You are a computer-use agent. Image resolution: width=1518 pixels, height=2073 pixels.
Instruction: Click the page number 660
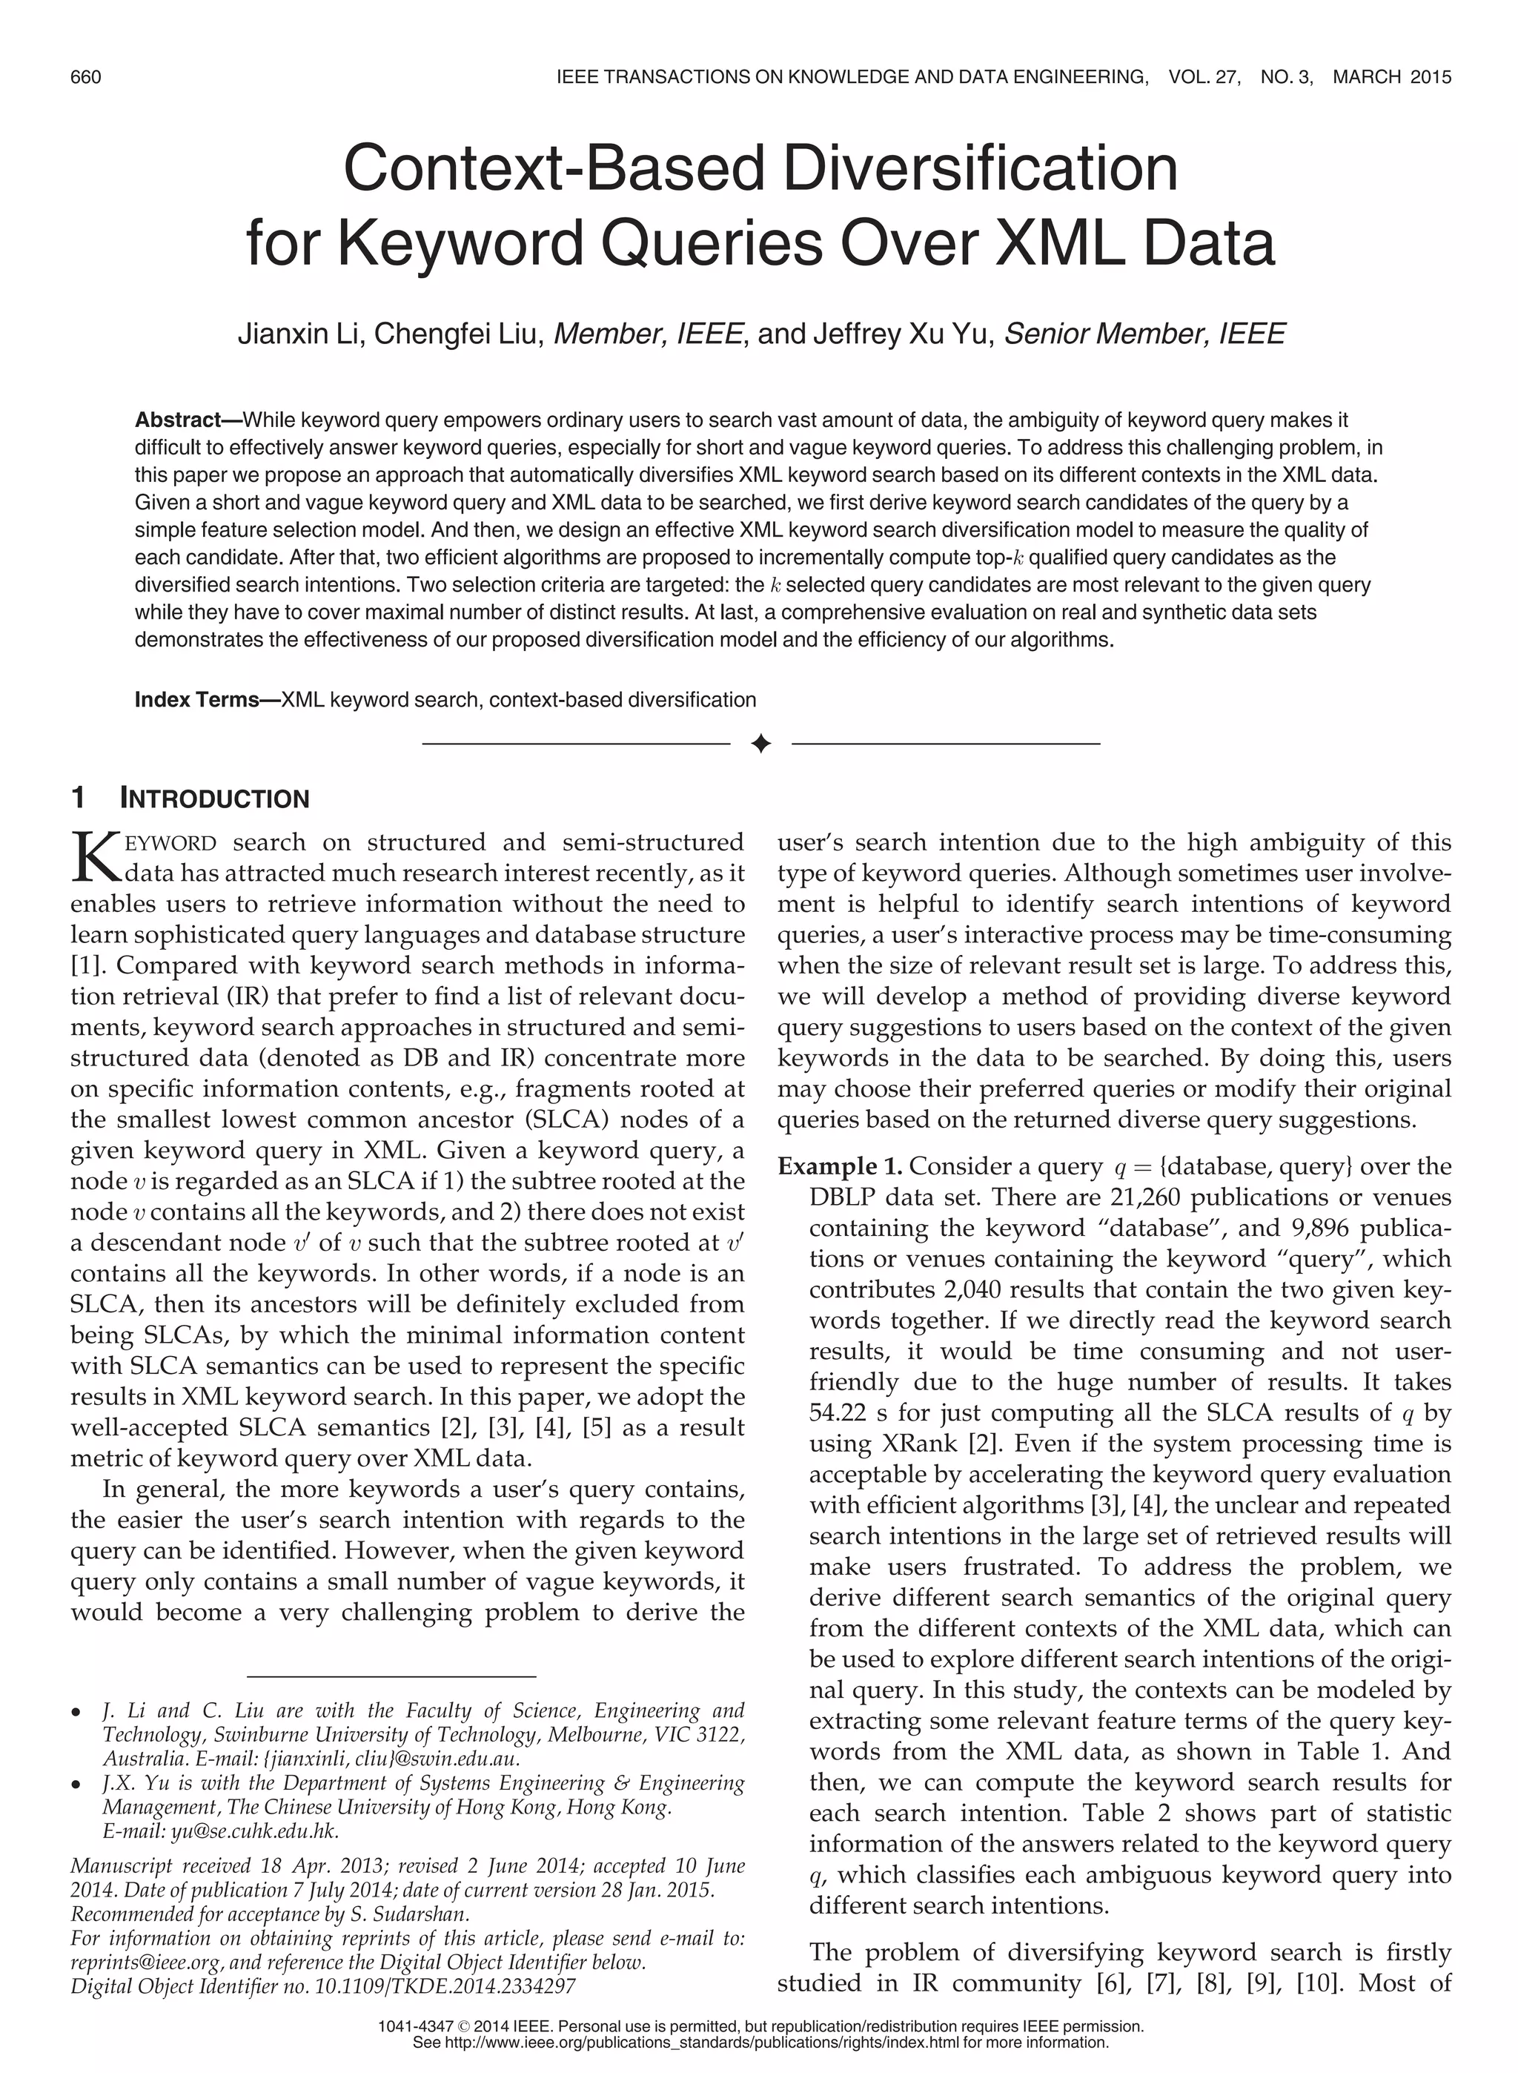[85, 77]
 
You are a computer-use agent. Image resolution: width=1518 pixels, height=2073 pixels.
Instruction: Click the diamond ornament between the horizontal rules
[760, 744]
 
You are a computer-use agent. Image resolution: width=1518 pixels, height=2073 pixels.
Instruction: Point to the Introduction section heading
[214, 799]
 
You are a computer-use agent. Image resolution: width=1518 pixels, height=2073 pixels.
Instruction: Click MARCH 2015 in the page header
[1391, 77]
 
